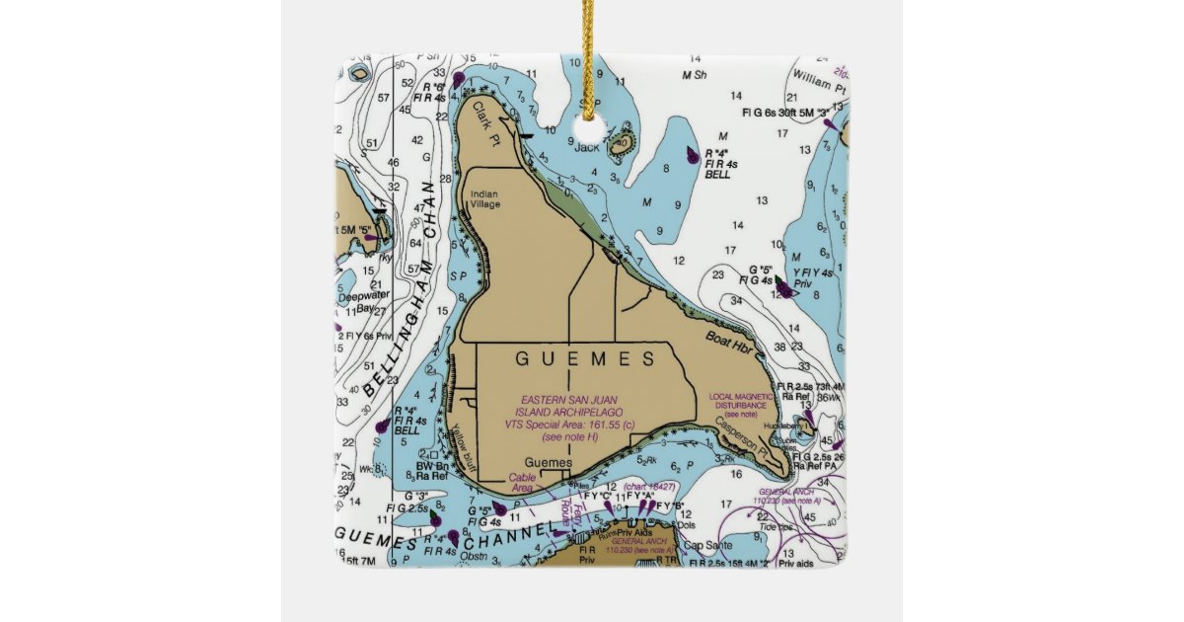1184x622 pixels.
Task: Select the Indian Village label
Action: tap(484, 199)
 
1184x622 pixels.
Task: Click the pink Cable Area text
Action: tap(522, 482)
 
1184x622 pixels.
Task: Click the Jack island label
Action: tap(587, 147)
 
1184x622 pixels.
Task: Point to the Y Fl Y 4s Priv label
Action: tap(813, 277)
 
